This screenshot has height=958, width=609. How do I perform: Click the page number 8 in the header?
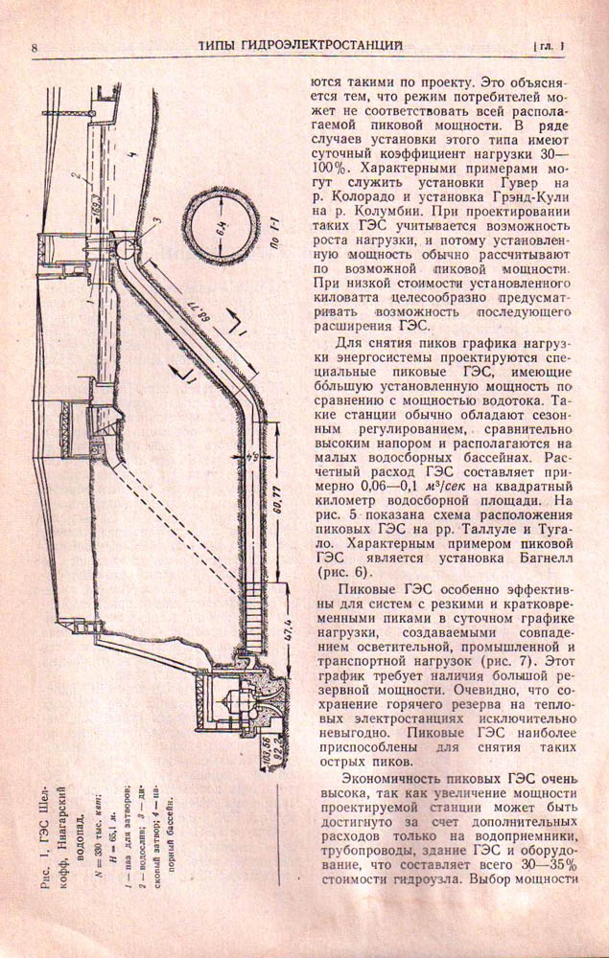click(34, 47)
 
